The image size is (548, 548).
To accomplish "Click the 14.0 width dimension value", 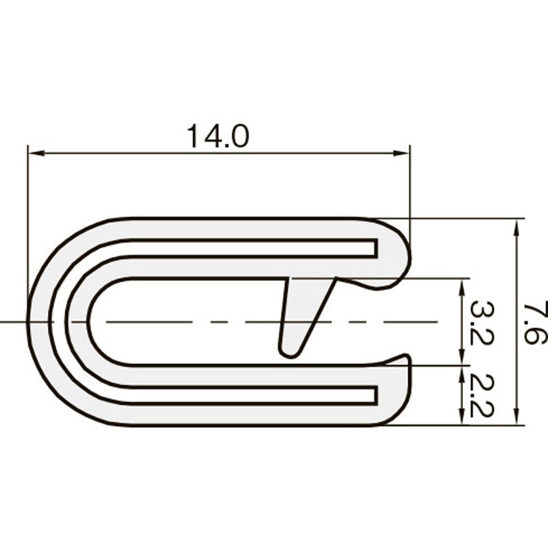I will [x=218, y=137].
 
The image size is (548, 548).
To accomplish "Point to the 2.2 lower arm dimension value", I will [x=482, y=395].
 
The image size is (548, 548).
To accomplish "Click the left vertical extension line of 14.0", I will [x=28, y=206].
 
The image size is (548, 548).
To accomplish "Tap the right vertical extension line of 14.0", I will [x=410, y=192].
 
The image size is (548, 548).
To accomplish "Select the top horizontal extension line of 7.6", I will [x=466, y=219].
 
